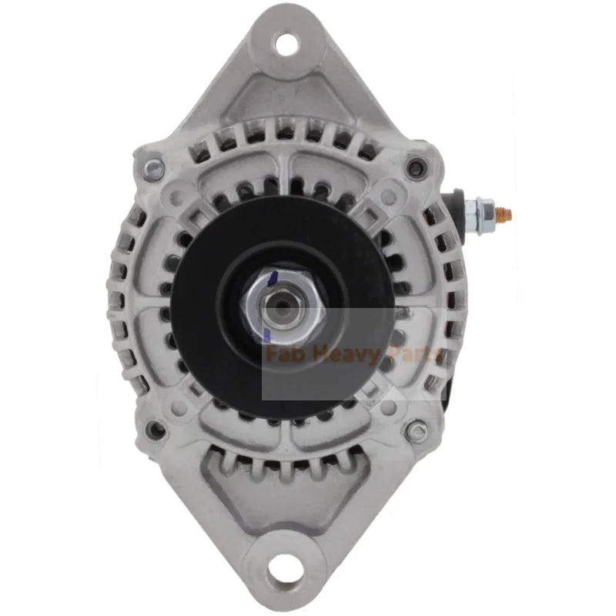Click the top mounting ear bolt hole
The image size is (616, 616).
286,45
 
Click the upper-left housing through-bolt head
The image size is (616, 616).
152,169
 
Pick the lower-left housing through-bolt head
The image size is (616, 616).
157,430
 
